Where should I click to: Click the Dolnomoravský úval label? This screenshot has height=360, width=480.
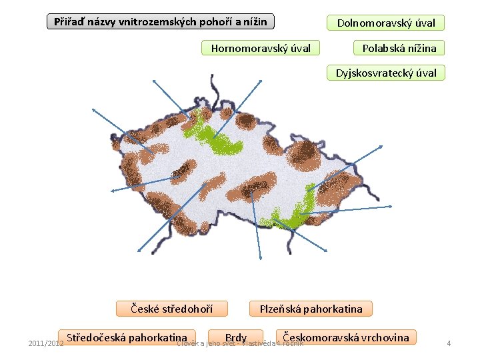coord(385,23)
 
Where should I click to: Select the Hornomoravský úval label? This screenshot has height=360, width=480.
coord(261,48)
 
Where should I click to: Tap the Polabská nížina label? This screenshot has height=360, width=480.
coord(399,48)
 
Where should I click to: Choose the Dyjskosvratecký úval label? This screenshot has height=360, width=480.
coord(385,73)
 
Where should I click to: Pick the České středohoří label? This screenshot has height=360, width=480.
coord(171,308)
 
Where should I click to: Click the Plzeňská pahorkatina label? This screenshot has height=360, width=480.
coord(311,308)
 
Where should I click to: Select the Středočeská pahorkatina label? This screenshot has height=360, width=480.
coord(127,337)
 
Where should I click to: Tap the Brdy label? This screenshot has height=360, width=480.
coord(236,338)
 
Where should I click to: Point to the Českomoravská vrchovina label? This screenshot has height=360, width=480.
coord(346,337)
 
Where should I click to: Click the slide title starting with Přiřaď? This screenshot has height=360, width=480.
coord(160,22)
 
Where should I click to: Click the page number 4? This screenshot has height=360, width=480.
coord(449,343)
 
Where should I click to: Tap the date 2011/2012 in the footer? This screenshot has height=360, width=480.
coord(45,343)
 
